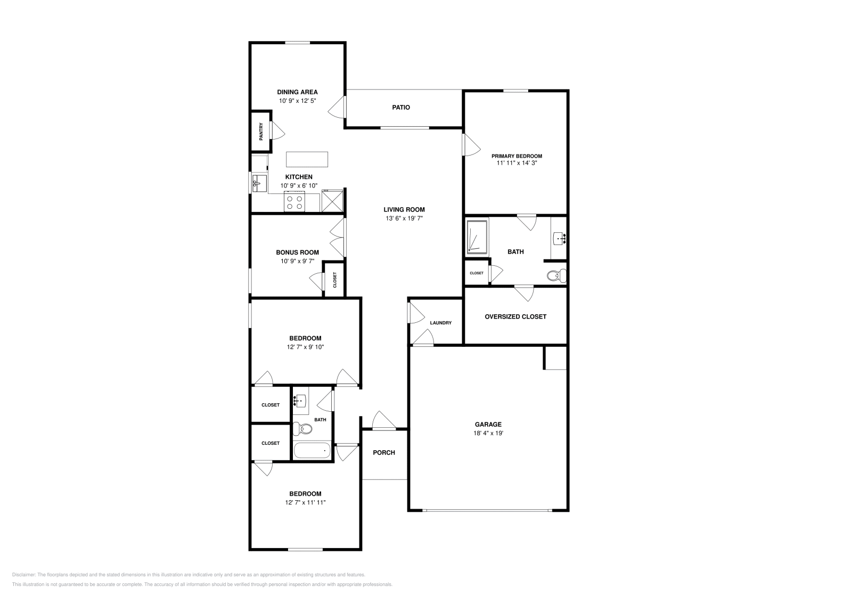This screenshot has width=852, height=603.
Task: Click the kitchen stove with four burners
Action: (x=294, y=202)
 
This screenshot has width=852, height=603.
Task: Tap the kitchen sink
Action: (x=260, y=183)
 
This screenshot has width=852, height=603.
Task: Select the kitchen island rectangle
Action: (x=307, y=159)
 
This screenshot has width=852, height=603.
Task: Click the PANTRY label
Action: (x=261, y=132)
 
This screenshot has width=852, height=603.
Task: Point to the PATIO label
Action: (x=401, y=108)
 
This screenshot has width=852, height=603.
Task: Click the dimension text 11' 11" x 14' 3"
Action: (x=517, y=164)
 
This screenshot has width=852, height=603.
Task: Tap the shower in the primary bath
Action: (x=477, y=236)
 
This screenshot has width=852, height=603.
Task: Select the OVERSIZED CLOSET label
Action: (x=515, y=316)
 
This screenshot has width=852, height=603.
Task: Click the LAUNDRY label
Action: (x=441, y=323)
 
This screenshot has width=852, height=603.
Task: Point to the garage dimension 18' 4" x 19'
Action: (x=488, y=433)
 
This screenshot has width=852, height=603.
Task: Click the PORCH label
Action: (x=384, y=453)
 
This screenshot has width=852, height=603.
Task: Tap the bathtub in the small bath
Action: (x=312, y=451)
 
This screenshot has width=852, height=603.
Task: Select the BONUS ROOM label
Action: (x=297, y=252)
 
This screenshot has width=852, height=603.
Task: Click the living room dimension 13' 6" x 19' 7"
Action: (x=404, y=218)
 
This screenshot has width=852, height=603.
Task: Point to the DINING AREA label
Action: (x=297, y=92)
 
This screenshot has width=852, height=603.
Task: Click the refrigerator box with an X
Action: (x=332, y=202)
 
